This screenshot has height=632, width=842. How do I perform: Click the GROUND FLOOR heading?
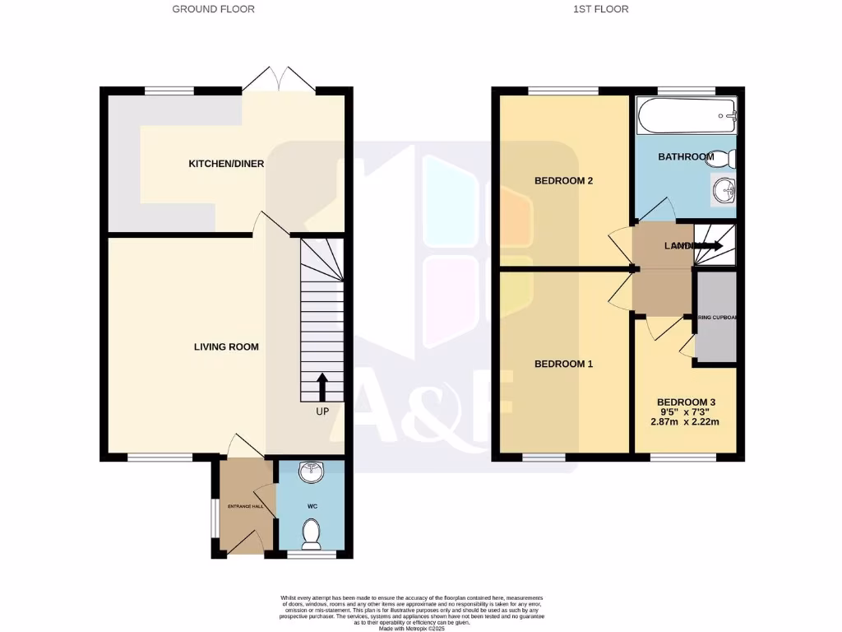[x=213, y=9]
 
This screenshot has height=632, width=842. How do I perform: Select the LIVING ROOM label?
[x=226, y=346]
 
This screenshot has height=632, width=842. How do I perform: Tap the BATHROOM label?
[x=686, y=157]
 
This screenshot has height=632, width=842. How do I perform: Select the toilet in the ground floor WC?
[x=312, y=536]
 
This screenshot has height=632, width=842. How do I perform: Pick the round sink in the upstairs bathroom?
[x=724, y=192]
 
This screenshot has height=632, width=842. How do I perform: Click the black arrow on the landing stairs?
[x=709, y=245]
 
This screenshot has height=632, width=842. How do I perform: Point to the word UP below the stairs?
[x=321, y=411]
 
